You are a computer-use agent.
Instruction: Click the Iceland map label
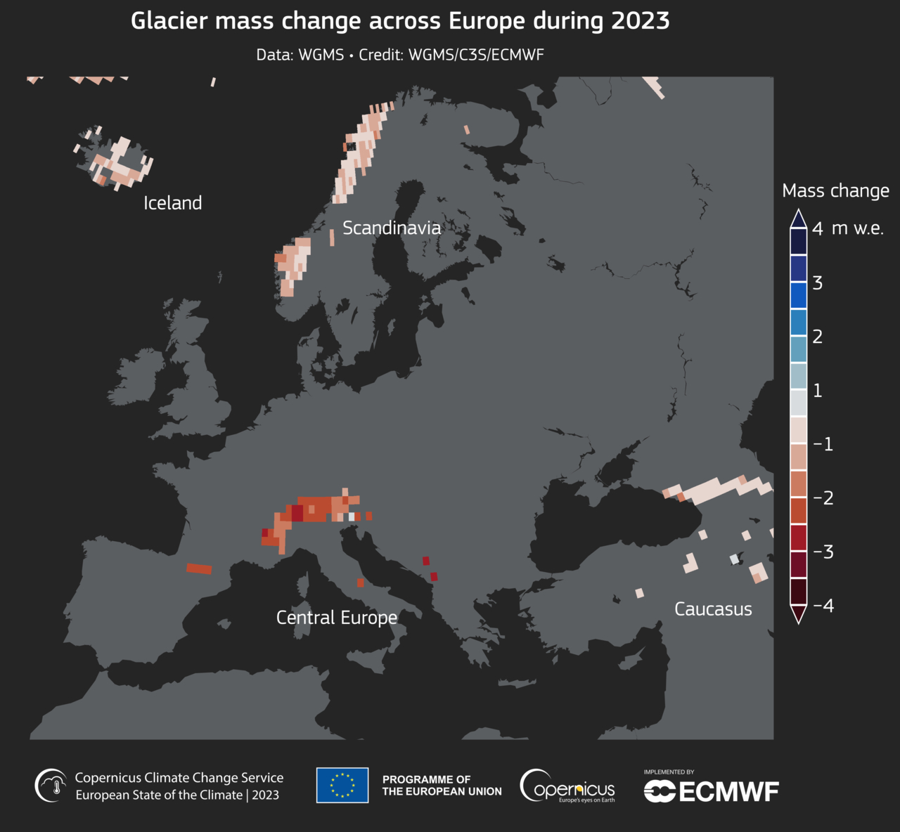pos(172,203)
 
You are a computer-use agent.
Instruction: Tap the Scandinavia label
pos(392,228)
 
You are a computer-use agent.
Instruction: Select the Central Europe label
pos(337,618)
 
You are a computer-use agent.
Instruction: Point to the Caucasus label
pos(713,609)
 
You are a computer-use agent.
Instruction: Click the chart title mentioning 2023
pos(400,21)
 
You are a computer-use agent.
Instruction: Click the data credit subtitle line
pos(400,55)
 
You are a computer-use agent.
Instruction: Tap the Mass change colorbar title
pos(835,191)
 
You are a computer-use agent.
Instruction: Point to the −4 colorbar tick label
pos(823,606)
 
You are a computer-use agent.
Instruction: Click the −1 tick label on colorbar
pos(823,444)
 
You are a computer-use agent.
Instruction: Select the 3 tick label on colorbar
pos(818,282)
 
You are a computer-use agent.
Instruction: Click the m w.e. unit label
pos(858,228)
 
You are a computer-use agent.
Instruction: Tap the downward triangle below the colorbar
pos(798,615)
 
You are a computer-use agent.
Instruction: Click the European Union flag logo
pos(342,785)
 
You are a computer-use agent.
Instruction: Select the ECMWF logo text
pos(712,791)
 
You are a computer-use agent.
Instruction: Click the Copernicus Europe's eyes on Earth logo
pos(567,786)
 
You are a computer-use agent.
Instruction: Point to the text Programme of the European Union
pos(442,786)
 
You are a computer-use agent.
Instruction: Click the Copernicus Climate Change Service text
pos(179,778)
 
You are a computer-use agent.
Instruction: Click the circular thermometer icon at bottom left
pos(52,785)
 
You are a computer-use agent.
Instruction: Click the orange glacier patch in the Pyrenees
pos(199,568)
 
